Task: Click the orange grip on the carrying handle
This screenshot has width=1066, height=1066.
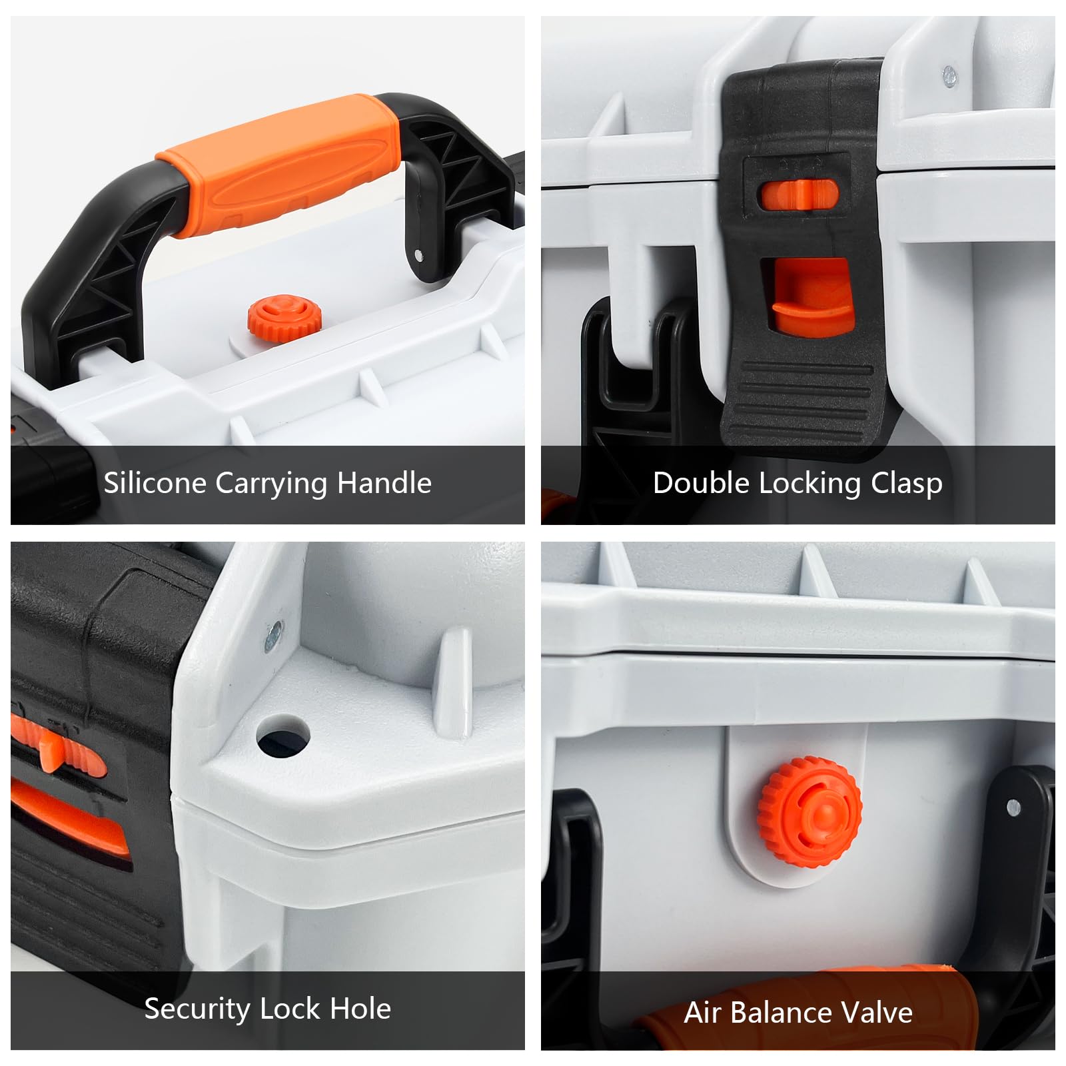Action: [x=280, y=163]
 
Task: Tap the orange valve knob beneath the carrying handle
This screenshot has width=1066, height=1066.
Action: [x=284, y=315]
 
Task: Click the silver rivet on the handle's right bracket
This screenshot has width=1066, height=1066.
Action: [x=418, y=255]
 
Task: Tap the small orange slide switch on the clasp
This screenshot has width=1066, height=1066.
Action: [x=798, y=194]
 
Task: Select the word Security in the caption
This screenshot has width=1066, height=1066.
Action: [x=197, y=1009]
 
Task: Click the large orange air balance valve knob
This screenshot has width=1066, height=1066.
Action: [x=809, y=811]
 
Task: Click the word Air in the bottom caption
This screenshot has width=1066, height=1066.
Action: [x=703, y=1013]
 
